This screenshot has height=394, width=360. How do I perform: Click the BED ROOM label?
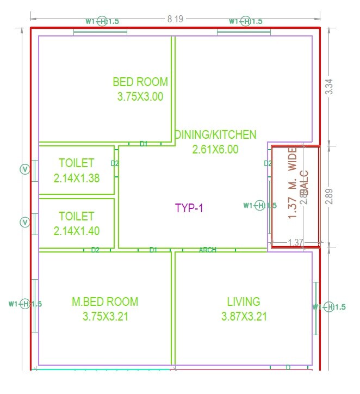[140, 82]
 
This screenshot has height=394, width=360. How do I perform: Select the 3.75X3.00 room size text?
[140, 96]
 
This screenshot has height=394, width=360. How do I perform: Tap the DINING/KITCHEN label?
[215, 134]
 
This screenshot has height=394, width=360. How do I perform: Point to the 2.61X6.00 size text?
[215, 149]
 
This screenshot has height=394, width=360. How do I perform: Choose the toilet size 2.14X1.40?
[77, 231]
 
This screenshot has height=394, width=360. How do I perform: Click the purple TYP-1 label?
[189, 207]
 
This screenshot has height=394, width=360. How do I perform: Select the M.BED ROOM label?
[105, 301]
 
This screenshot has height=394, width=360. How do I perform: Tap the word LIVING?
[244, 301]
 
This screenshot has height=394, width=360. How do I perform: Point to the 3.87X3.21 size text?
[244, 316]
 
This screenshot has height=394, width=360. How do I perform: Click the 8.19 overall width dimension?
[175, 19]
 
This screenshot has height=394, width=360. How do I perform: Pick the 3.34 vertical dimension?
[328, 87]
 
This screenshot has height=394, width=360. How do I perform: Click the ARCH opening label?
[208, 250]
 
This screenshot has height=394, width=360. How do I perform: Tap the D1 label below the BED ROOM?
[144, 144]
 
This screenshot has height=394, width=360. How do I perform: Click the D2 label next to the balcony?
[268, 163]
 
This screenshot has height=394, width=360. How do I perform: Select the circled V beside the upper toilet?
[24, 170]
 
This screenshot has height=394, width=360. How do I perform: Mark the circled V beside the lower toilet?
[24, 222]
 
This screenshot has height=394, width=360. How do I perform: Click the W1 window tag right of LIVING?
[329, 307]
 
